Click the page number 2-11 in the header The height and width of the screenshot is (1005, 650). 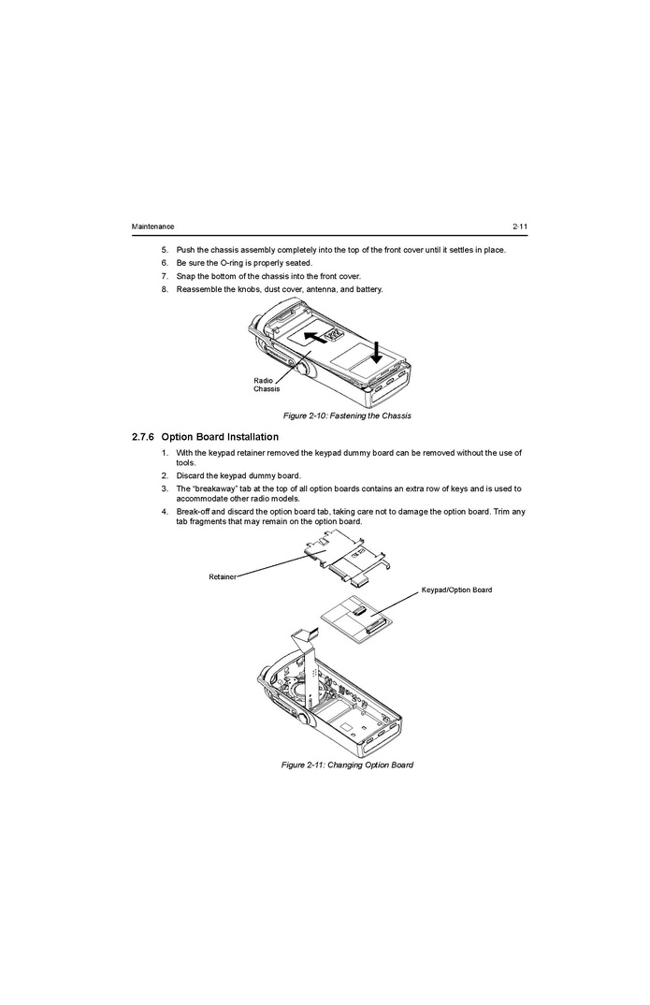(519, 226)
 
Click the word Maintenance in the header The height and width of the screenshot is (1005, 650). (152, 226)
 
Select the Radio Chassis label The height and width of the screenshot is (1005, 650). (267, 385)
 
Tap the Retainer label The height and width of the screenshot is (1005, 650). (223, 576)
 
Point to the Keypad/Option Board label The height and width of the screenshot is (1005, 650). (456, 590)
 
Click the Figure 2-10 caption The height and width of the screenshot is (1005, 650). (347, 416)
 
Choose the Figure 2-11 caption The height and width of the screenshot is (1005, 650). (347, 765)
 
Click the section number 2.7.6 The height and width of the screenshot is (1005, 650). (143, 437)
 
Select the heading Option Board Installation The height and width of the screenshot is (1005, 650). (220, 437)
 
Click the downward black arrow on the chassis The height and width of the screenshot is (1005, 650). (376, 352)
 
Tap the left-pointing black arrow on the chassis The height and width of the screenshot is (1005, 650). (315, 337)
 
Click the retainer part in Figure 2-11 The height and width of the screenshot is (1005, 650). (349, 559)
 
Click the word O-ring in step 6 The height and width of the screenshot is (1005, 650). (231, 263)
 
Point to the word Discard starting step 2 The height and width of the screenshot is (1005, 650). (190, 475)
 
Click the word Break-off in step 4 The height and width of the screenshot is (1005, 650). (192, 512)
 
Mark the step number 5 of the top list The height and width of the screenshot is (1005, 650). (164, 250)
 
